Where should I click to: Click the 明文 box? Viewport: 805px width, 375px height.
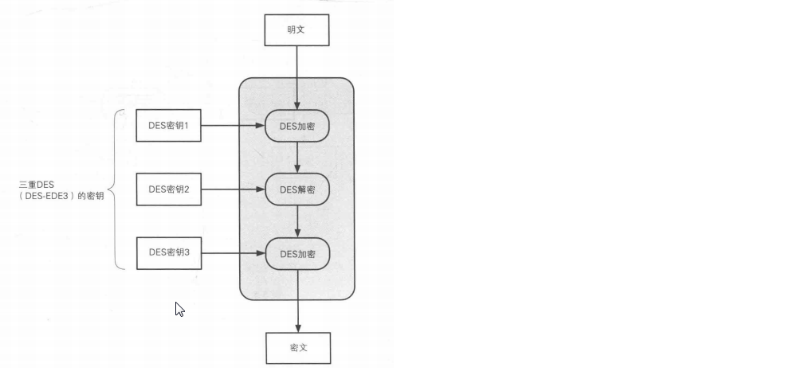point(296,29)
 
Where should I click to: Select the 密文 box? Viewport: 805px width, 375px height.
point(297,348)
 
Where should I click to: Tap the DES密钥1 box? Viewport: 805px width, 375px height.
point(168,125)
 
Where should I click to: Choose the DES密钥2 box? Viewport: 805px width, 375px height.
point(168,189)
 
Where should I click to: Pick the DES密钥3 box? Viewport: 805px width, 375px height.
point(168,253)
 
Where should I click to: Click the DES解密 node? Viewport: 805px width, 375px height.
point(297,189)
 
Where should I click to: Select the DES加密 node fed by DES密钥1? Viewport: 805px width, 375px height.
point(297,126)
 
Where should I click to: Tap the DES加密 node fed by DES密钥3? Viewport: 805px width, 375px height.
point(297,254)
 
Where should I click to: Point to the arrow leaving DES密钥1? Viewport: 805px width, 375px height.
point(232,125)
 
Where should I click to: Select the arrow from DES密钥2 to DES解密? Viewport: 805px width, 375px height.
point(232,189)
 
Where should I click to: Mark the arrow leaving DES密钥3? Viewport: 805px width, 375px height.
point(232,254)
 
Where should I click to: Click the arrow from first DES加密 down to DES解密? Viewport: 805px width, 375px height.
point(297,158)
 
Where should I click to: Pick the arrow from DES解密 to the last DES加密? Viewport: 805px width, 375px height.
point(297,221)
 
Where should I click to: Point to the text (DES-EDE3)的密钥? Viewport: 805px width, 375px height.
point(59,195)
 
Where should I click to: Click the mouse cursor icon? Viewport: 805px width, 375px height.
point(179,309)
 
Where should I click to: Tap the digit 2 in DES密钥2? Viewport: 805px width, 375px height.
point(187,189)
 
